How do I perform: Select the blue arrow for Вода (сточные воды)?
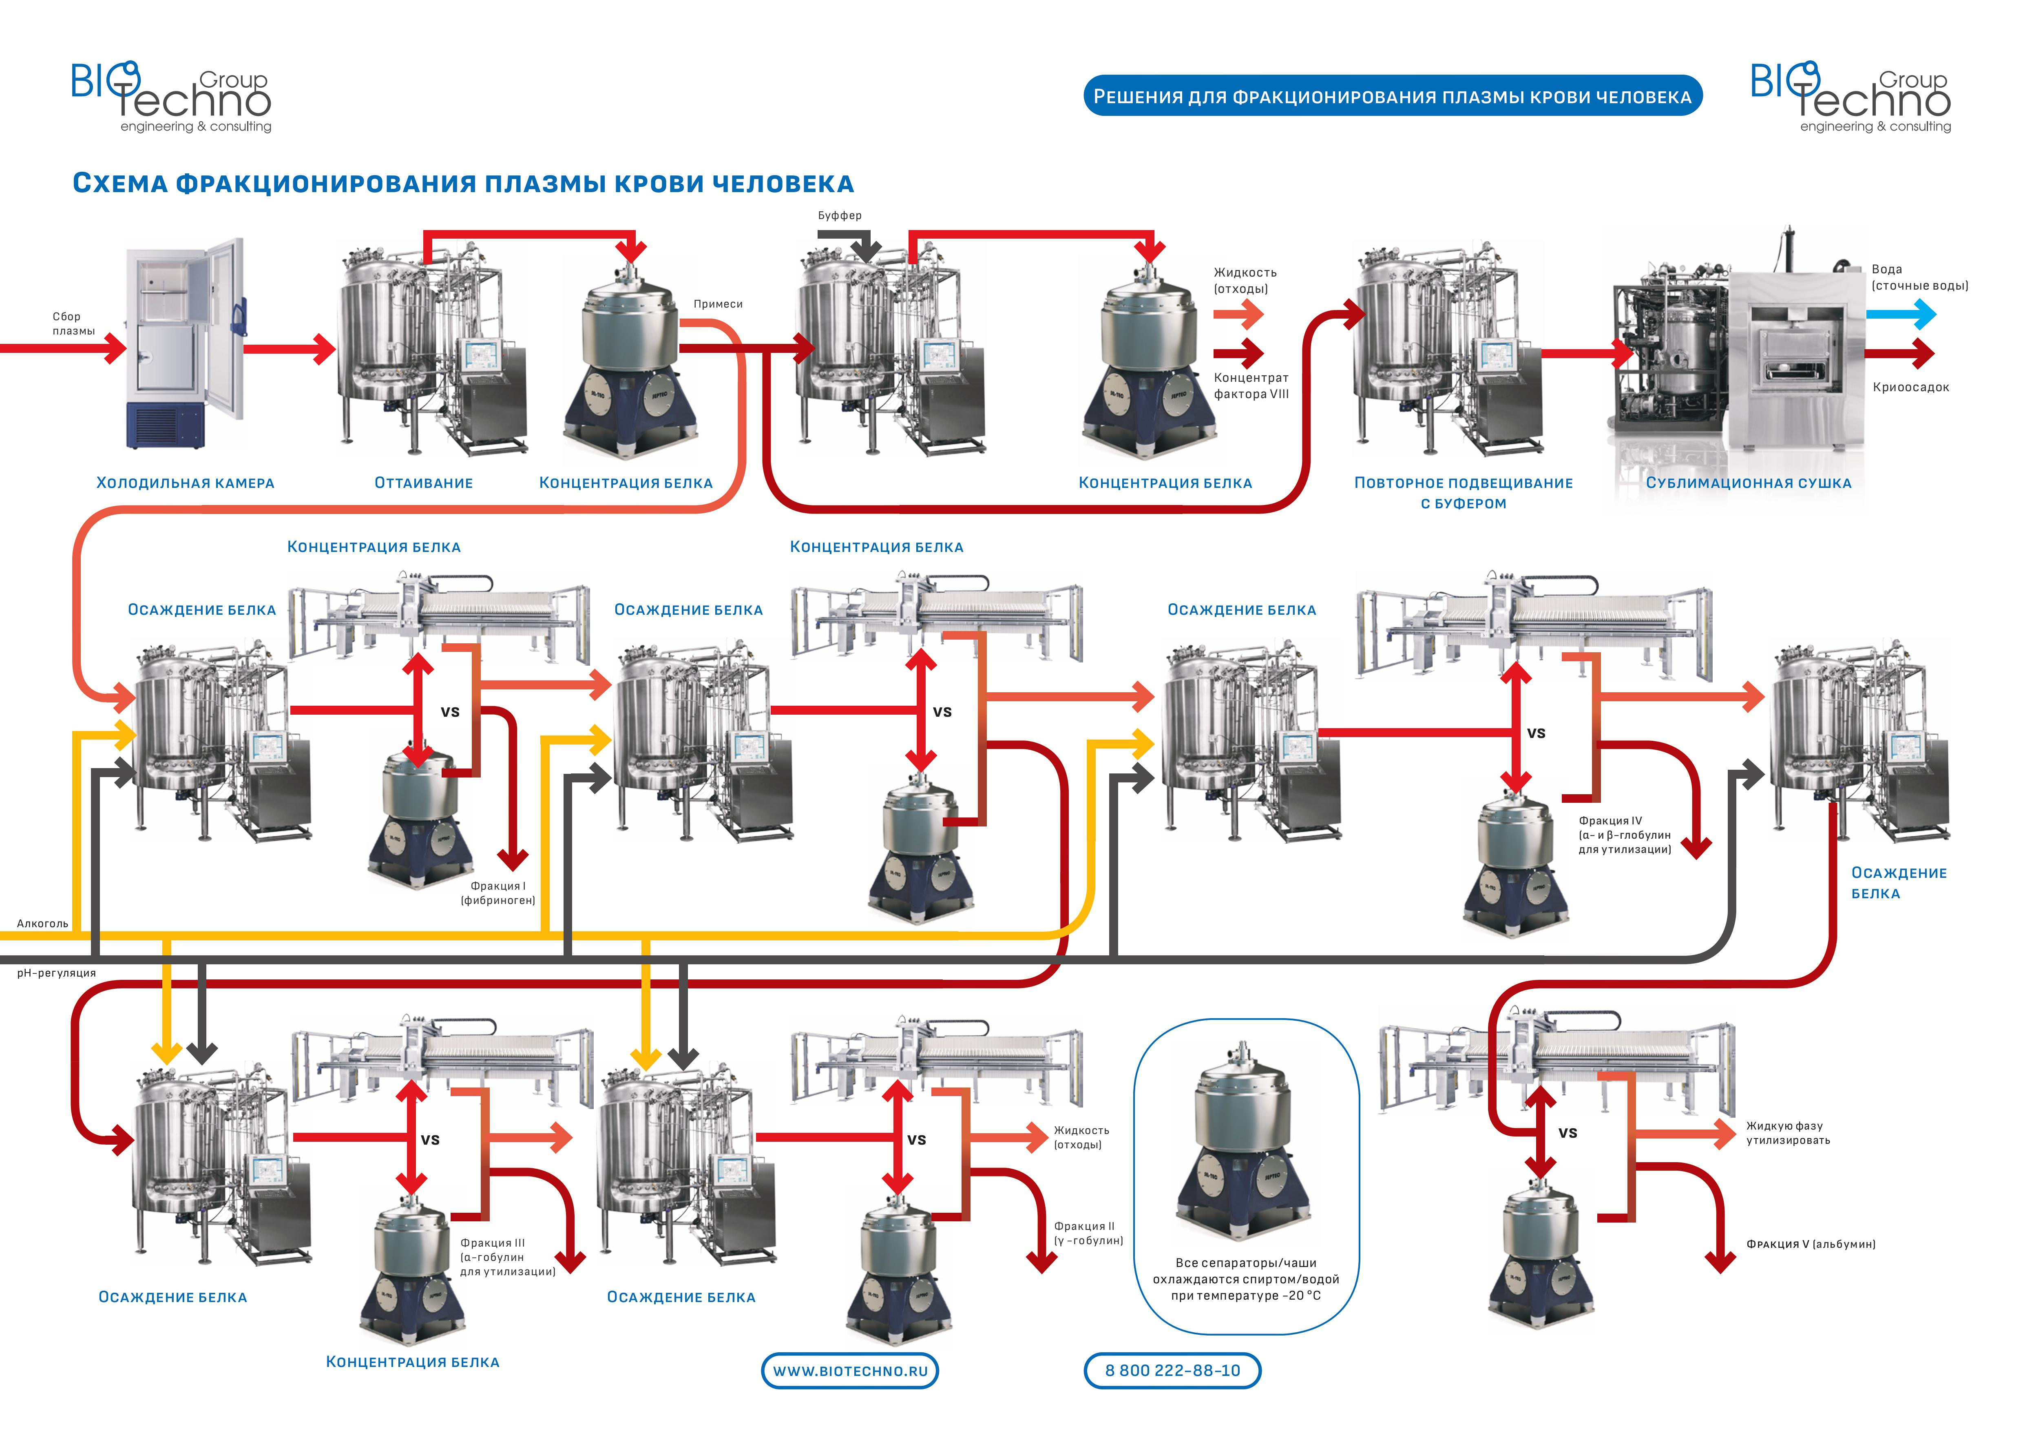click(x=1901, y=315)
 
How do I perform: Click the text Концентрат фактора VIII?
click(x=1251, y=386)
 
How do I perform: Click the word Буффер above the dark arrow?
click(x=840, y=215)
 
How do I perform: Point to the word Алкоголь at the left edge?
click(x=42, y=924)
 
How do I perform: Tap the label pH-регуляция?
click(x=56, y=973)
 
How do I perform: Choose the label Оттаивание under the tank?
click(x=424, y=483)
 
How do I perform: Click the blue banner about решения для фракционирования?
click(x=1392, y=96)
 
